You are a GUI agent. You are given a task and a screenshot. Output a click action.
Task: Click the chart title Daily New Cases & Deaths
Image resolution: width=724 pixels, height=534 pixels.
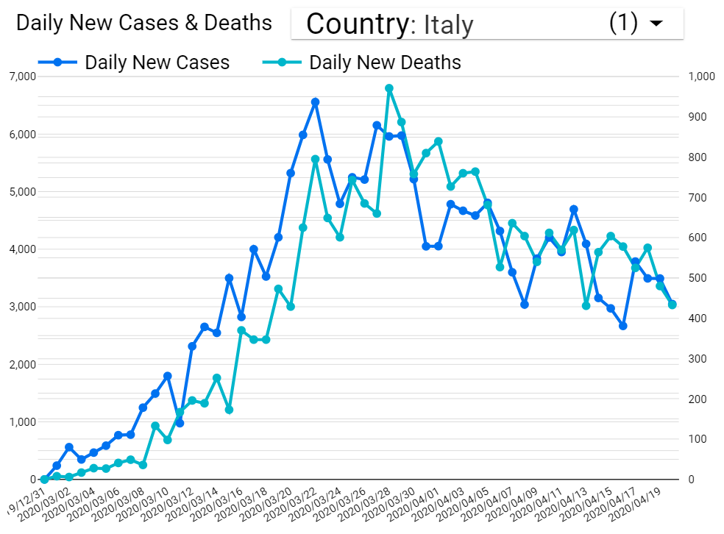[x=144, y=23]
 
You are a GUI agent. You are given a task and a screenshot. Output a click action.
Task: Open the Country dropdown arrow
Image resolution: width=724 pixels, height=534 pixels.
[x=656, y=24]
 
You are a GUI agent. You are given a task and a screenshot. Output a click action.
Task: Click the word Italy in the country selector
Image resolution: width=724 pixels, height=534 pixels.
[x=448, y=25]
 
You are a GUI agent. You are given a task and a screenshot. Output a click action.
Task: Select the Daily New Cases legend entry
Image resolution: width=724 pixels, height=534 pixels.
[x=157, y=63]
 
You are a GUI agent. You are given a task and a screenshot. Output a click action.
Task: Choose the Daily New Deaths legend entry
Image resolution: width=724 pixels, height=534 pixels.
[x=385, y=63]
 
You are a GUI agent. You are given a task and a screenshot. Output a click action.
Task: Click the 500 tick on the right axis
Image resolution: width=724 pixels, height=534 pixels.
[x=698, y=278]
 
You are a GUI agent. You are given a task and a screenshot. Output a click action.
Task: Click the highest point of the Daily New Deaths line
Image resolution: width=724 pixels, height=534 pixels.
[x=389, y=88]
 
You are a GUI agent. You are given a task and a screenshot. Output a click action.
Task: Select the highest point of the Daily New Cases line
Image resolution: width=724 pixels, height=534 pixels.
[x=315, y=102]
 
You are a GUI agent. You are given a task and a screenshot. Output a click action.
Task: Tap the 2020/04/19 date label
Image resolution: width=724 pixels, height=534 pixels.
[x=636, y=505]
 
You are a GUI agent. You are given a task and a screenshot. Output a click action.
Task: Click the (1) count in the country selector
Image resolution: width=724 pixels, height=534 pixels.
[x=623, y=23]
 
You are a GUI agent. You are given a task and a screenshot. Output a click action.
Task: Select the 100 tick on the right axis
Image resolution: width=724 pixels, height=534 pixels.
[x=698, y=439]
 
